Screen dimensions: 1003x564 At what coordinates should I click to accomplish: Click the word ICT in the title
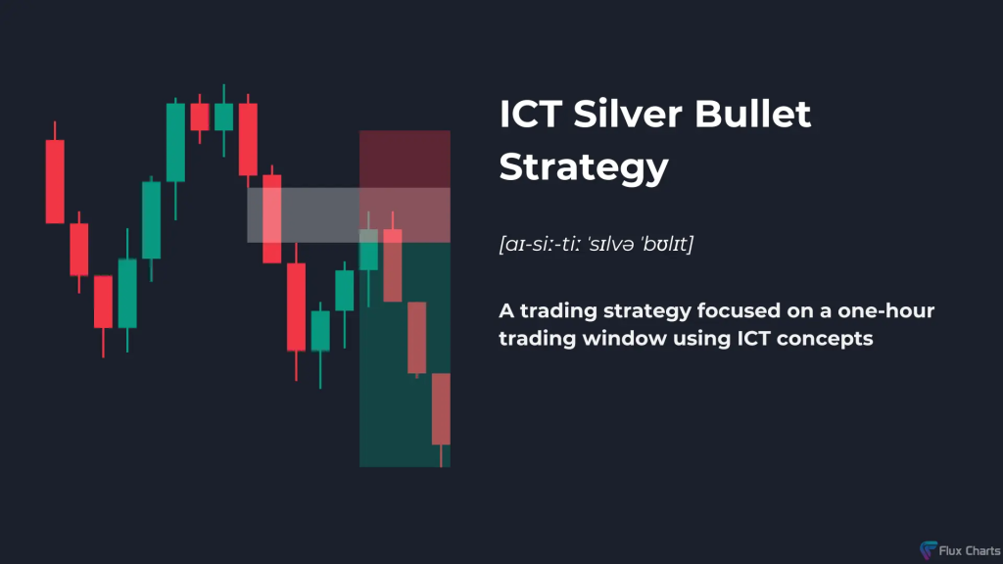[x=531, y=114]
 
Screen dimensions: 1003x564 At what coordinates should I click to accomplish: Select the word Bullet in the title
[x=753, y=114]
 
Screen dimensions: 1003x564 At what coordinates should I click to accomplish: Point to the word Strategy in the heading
[x=584, y=167]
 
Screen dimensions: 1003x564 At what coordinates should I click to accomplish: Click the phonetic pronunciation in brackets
[x=597, y=244]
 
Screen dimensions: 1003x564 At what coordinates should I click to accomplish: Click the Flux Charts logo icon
[x=929, y=549]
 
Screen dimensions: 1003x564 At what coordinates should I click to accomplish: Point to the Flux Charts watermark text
[x=969, y=550]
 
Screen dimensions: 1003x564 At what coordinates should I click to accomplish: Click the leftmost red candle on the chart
[x=55, y=181]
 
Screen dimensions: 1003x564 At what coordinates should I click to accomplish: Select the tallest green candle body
[x=176, y=143]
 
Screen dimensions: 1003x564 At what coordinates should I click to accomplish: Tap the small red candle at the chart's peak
[x=200, y=117]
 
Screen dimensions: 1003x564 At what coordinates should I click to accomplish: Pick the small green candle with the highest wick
[x=224, y=117]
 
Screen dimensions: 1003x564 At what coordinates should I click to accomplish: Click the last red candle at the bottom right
[x=441, y=409]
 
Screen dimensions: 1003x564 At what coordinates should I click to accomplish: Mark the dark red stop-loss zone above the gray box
[x=405, y=160]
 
